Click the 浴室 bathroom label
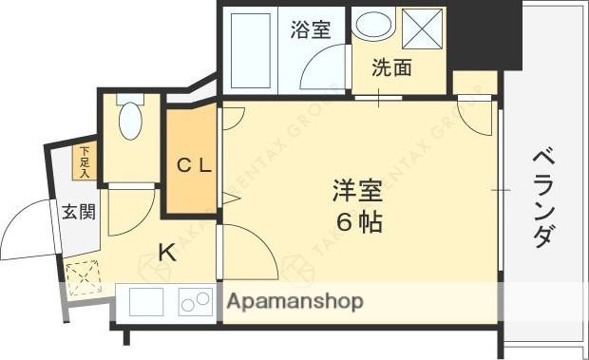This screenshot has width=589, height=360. pos(311,28)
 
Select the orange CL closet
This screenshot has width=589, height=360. pos(194,162)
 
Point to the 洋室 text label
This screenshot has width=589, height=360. pos(357,191)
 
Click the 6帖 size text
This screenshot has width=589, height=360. pos(357,225)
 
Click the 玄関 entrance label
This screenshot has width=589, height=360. pos(79,212)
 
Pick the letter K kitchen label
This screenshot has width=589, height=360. pos(166,253)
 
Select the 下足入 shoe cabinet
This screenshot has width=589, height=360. pos(84,161)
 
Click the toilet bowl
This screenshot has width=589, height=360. pos(130,123)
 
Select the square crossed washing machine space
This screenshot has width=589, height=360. pos(425,30)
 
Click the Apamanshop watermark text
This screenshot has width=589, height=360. pos(295,302)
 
